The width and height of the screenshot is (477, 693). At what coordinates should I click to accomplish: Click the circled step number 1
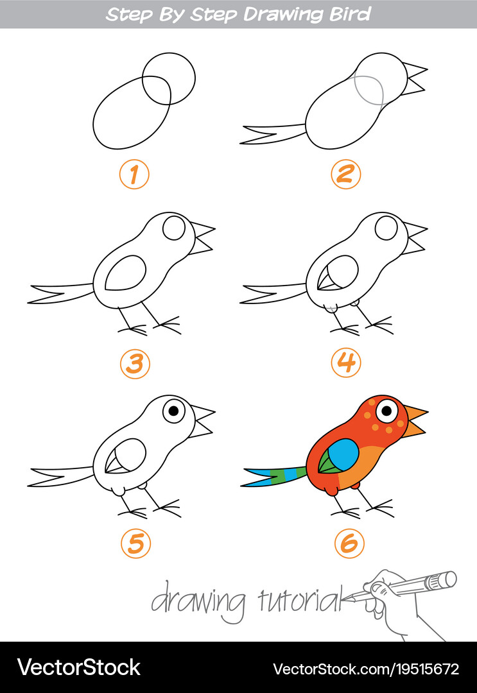pos(134,175)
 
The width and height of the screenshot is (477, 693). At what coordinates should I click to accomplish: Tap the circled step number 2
pos(345,174)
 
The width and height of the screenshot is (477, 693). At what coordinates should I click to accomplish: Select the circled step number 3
pos(135,364)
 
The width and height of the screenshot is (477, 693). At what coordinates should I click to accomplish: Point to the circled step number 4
pos(346,363)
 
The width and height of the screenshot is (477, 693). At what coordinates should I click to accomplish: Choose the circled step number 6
pos(349,543)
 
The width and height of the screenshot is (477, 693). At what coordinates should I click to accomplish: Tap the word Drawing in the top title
pos(284,15)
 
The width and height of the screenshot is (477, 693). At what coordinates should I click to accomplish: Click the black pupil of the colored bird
pos(387,411)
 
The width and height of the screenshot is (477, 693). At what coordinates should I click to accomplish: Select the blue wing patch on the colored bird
pos(343,455)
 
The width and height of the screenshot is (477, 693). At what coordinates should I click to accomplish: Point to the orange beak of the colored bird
pos(414,421)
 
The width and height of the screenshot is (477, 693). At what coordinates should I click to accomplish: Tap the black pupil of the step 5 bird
pos(174,411)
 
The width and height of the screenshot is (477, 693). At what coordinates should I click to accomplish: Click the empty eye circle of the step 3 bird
pos(174,228)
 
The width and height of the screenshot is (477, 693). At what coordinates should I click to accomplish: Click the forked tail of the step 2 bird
pos(272,134)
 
